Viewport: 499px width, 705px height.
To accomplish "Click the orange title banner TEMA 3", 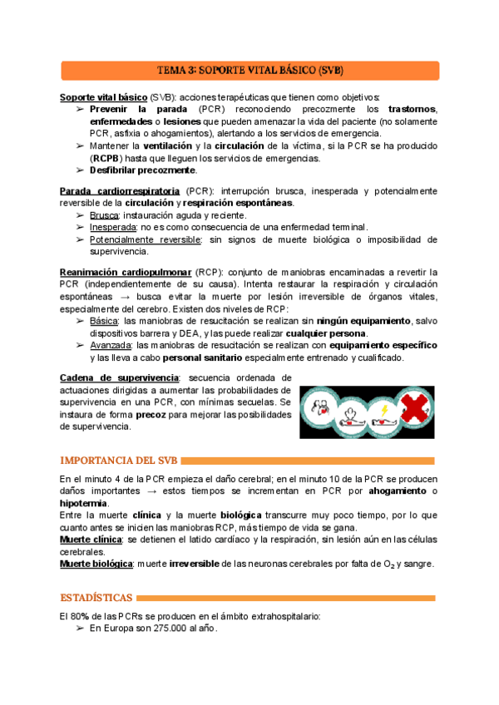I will pyautogui.click(x=249, y=70).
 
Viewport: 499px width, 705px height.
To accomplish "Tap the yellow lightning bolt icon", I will pyautogui.click(x=383, y=411).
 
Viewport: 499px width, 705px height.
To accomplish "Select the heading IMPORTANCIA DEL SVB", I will pyautogui.click(x=119, y=460).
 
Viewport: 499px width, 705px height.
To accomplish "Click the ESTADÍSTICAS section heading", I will pyautogui.click(x=96, y=597).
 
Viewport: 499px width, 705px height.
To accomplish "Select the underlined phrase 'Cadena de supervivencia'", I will pyautogui.click(x=119, y=378).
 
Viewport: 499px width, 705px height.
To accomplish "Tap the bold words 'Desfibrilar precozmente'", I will pyautogui.click(x=142, y=170).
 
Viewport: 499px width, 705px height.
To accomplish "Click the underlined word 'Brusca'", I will pyautogui.click(x=104, y=214).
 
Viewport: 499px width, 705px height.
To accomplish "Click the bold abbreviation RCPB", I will pyautogui.click(x=106, y=158).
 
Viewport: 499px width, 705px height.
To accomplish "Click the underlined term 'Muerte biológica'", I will pyautogui.click(x=96, y=564).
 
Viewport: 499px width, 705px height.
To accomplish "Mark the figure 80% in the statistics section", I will pyautogui.click(x=80, y=617).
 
